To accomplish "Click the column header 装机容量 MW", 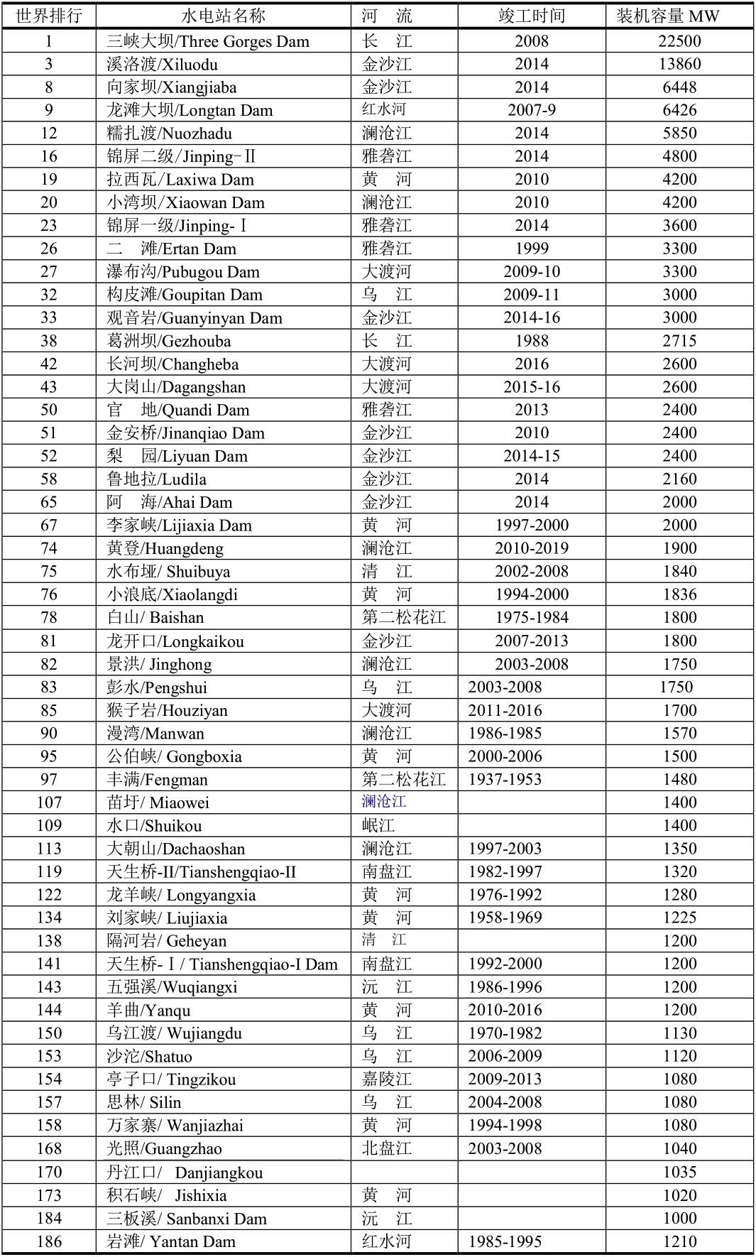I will [668, 16].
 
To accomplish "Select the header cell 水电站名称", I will [224, 16].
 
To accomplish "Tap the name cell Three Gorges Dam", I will [208, 41].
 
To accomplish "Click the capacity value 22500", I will [679, 41].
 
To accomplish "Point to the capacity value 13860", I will [679, 64].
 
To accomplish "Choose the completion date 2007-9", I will [532, 110].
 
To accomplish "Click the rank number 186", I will [49, 1241].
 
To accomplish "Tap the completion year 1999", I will [532, 249].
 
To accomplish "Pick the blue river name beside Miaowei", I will [384, 802].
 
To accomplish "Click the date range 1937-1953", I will [505, 779].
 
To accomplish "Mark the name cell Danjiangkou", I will [185, 1172].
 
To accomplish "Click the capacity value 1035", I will [679, 1172].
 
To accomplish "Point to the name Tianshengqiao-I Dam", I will [222, 964].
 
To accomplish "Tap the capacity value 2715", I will [679, 341].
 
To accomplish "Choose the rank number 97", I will [49, 779].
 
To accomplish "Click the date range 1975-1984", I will [532, 618].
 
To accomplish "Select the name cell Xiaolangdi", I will [172, 594].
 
